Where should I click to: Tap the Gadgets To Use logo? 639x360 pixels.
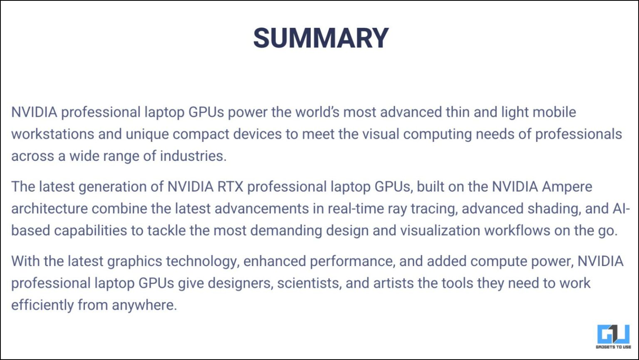click(613, 337)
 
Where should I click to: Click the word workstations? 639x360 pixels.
click(53, 134)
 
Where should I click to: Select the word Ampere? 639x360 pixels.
click(567, 187)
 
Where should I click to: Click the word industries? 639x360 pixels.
click(193, 156)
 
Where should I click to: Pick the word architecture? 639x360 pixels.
click(50, 209)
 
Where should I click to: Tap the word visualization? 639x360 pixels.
click(440, 231)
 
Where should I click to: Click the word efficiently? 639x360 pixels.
click(42, 305)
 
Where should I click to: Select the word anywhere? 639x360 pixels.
click(144, 305)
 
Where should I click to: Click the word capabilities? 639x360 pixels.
click(90, 231)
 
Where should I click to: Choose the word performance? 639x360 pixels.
click(352, 261)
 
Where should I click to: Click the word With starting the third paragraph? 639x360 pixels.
click(25, 261)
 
